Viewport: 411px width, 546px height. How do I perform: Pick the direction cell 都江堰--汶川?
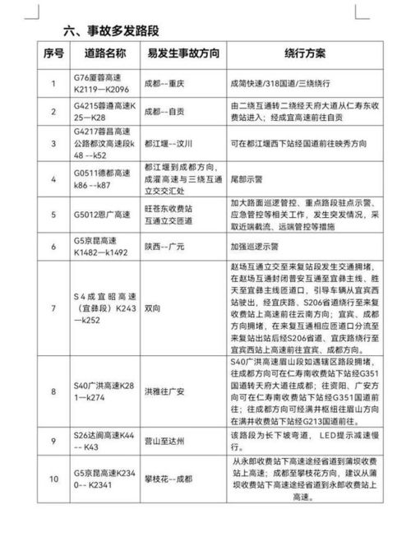[173, 142]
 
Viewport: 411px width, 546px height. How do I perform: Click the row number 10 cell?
[53, 479]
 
